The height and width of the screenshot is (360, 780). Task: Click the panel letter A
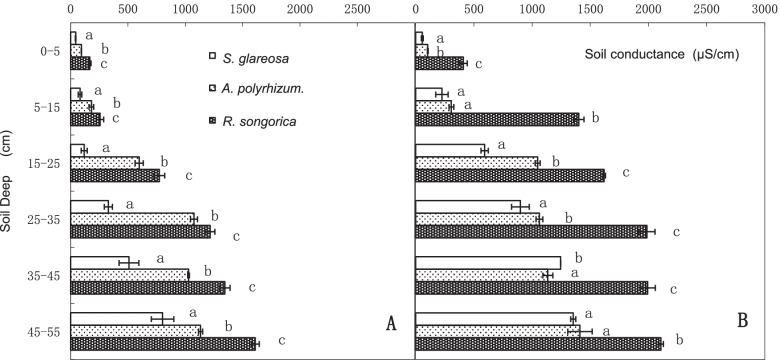(x=391, y=323)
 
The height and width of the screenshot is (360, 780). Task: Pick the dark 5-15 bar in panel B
(x=497, y=119)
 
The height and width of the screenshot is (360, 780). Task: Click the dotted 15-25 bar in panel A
(x=105, y=162)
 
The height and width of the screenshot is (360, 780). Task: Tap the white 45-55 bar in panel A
(x=116, y=318)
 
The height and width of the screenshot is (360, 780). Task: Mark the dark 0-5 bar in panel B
(x=439, y=64)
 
